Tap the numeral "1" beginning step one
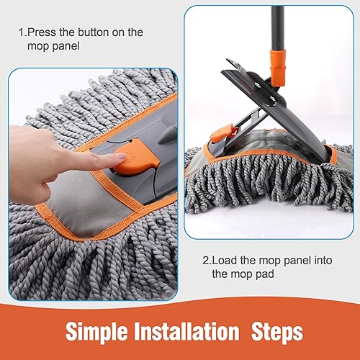(x=22, y=32)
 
